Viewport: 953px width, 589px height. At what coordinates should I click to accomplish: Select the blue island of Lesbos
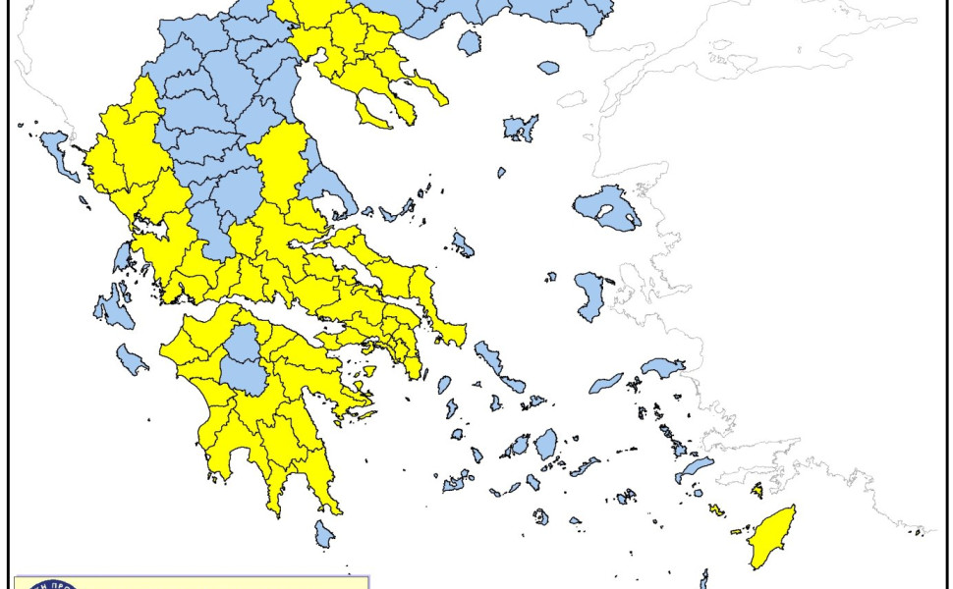click(x=607, y=207)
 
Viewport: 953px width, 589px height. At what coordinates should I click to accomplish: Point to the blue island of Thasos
click(x=470, y=42)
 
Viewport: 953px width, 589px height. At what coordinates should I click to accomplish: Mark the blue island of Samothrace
click(x=548, y=68)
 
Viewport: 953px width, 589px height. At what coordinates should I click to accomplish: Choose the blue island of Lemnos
click(x=520, y=128)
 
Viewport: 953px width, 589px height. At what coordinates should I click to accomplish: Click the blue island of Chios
click(x=590, y=296)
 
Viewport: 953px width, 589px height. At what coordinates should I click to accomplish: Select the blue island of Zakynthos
click(x=132, y=359)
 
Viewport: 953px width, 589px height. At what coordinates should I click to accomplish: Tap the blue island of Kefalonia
click(x=112, y=309)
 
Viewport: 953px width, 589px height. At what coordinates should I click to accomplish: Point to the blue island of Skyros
click(x=462, y=243)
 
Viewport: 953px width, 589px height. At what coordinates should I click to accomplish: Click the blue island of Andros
click(x=487, y=359)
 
